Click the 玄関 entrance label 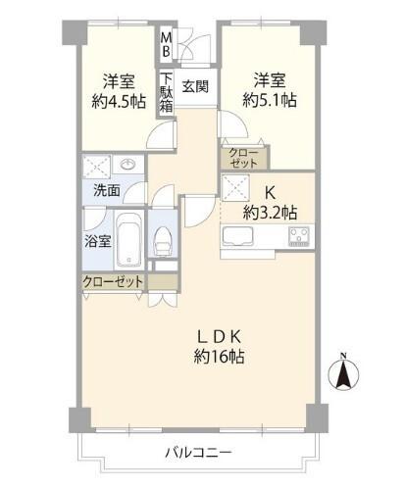(194, 86)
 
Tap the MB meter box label (167, 45)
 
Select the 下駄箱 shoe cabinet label (167, 92)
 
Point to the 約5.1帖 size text (271, 99)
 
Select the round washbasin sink (128, 165)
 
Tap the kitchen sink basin (240, 236)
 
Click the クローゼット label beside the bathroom (113, 282)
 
